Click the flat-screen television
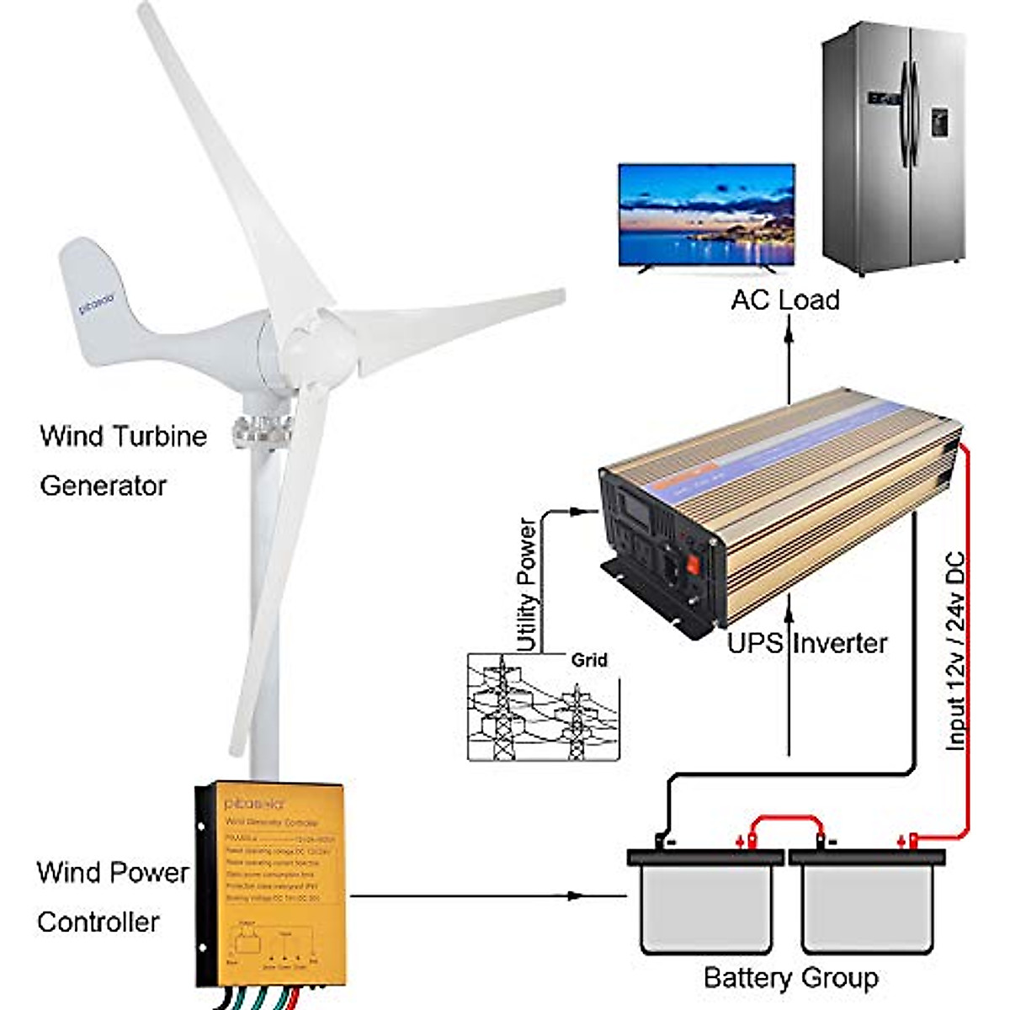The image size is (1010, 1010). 706,215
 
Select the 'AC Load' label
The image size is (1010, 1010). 784,300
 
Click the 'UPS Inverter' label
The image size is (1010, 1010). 806,644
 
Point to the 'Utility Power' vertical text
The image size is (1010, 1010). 526,584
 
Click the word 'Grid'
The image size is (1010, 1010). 588,660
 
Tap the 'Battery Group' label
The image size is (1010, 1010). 790,978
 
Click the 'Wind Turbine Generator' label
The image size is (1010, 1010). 123,460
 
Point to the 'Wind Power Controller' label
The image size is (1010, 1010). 113,896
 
